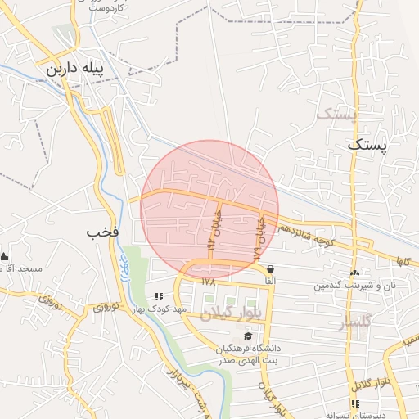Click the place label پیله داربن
[74, 70]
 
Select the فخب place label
[103, 232]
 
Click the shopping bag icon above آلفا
[269, 268]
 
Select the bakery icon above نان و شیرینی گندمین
[354, 273]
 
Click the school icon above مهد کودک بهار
[159, 296]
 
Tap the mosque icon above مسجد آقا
[5, 256]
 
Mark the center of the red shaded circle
[209, 209]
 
